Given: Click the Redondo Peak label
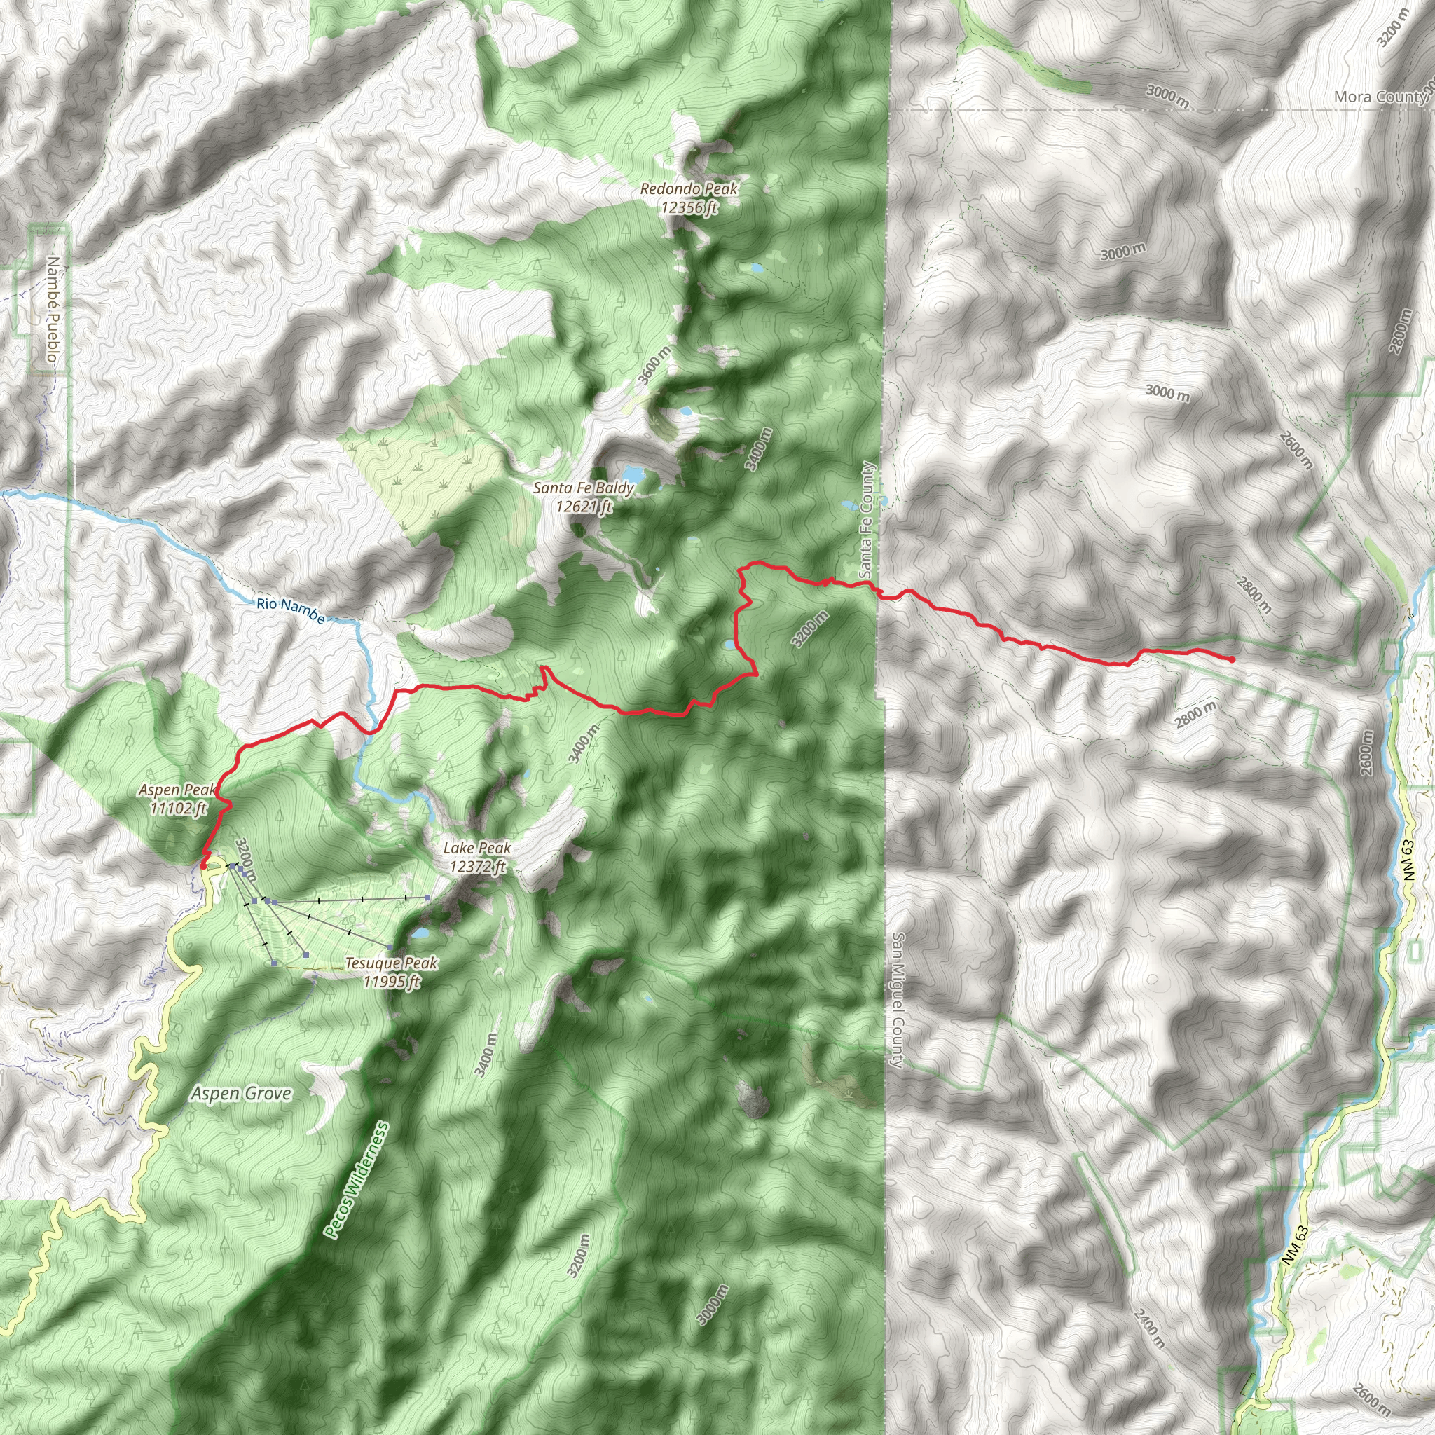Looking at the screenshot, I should [x=689, y=198].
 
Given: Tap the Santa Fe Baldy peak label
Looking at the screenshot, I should [x=584, y=497].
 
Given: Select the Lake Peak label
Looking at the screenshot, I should [x=477, y=856].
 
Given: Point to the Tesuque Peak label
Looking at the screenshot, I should [x=392, y=972].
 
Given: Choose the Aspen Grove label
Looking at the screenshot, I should [x=240, y=1093].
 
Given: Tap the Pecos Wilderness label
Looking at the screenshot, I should [x=356, y=1179].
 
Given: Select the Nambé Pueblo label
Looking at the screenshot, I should [x=52, y=309].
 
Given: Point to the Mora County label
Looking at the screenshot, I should [x=1379, y=97].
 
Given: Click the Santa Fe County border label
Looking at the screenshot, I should [x=866, y=520].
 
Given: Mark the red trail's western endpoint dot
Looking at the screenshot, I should [x=202, y=865].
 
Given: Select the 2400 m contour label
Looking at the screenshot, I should [x=1148, y=1328].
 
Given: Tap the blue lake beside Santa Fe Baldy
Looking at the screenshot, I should [x=633, y=473].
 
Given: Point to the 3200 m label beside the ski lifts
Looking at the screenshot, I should [x=245, y=859].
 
